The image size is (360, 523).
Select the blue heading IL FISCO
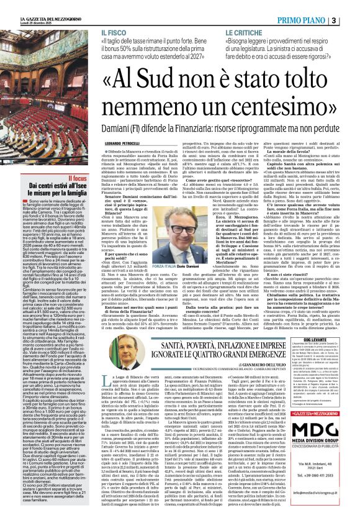click(112, 30)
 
